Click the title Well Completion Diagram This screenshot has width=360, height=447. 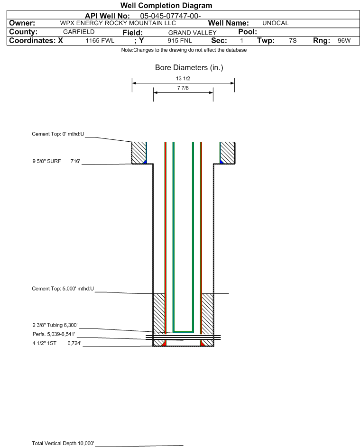click(x=166, y=5)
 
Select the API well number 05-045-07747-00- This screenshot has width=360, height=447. click(x=170, y=16)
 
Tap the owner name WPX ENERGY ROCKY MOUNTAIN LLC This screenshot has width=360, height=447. click(x=118, y=23)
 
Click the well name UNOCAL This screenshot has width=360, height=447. click(x=275, y=23)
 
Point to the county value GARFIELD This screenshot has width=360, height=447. click(x=79, y=32)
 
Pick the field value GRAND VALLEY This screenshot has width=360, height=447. click(x=192, y=33)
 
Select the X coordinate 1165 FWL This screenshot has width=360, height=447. click(x=100, y=41)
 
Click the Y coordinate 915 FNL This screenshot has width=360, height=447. click(x=180, y=41)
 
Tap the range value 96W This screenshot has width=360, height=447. click(x=344, y=41)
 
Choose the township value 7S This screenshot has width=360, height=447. click(x=293, y=41)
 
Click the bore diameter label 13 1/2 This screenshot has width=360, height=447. click(x=183, y=78)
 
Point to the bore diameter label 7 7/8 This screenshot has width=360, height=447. click(x=183, y=88)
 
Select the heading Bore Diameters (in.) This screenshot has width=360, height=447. click(x=189, y=68)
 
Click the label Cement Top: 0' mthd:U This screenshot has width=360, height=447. click(x=58, y=134)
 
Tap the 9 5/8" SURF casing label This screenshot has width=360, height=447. click(x=46, y=161)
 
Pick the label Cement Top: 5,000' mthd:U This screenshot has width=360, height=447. click(x=63, y=289)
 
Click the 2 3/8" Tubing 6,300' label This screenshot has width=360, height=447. click(x=55, y=325)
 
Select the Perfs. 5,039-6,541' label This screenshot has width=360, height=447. click(x=54, y=334)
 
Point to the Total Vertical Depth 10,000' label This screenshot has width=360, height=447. click(x=63, y=443)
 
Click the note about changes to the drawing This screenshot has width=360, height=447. click(x=184, y=50)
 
